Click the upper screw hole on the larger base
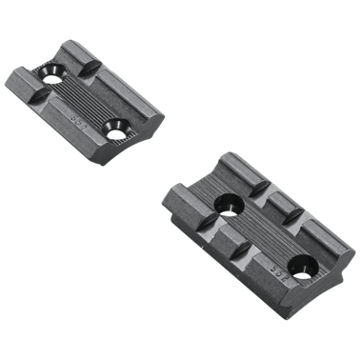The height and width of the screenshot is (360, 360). click(229, 202)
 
